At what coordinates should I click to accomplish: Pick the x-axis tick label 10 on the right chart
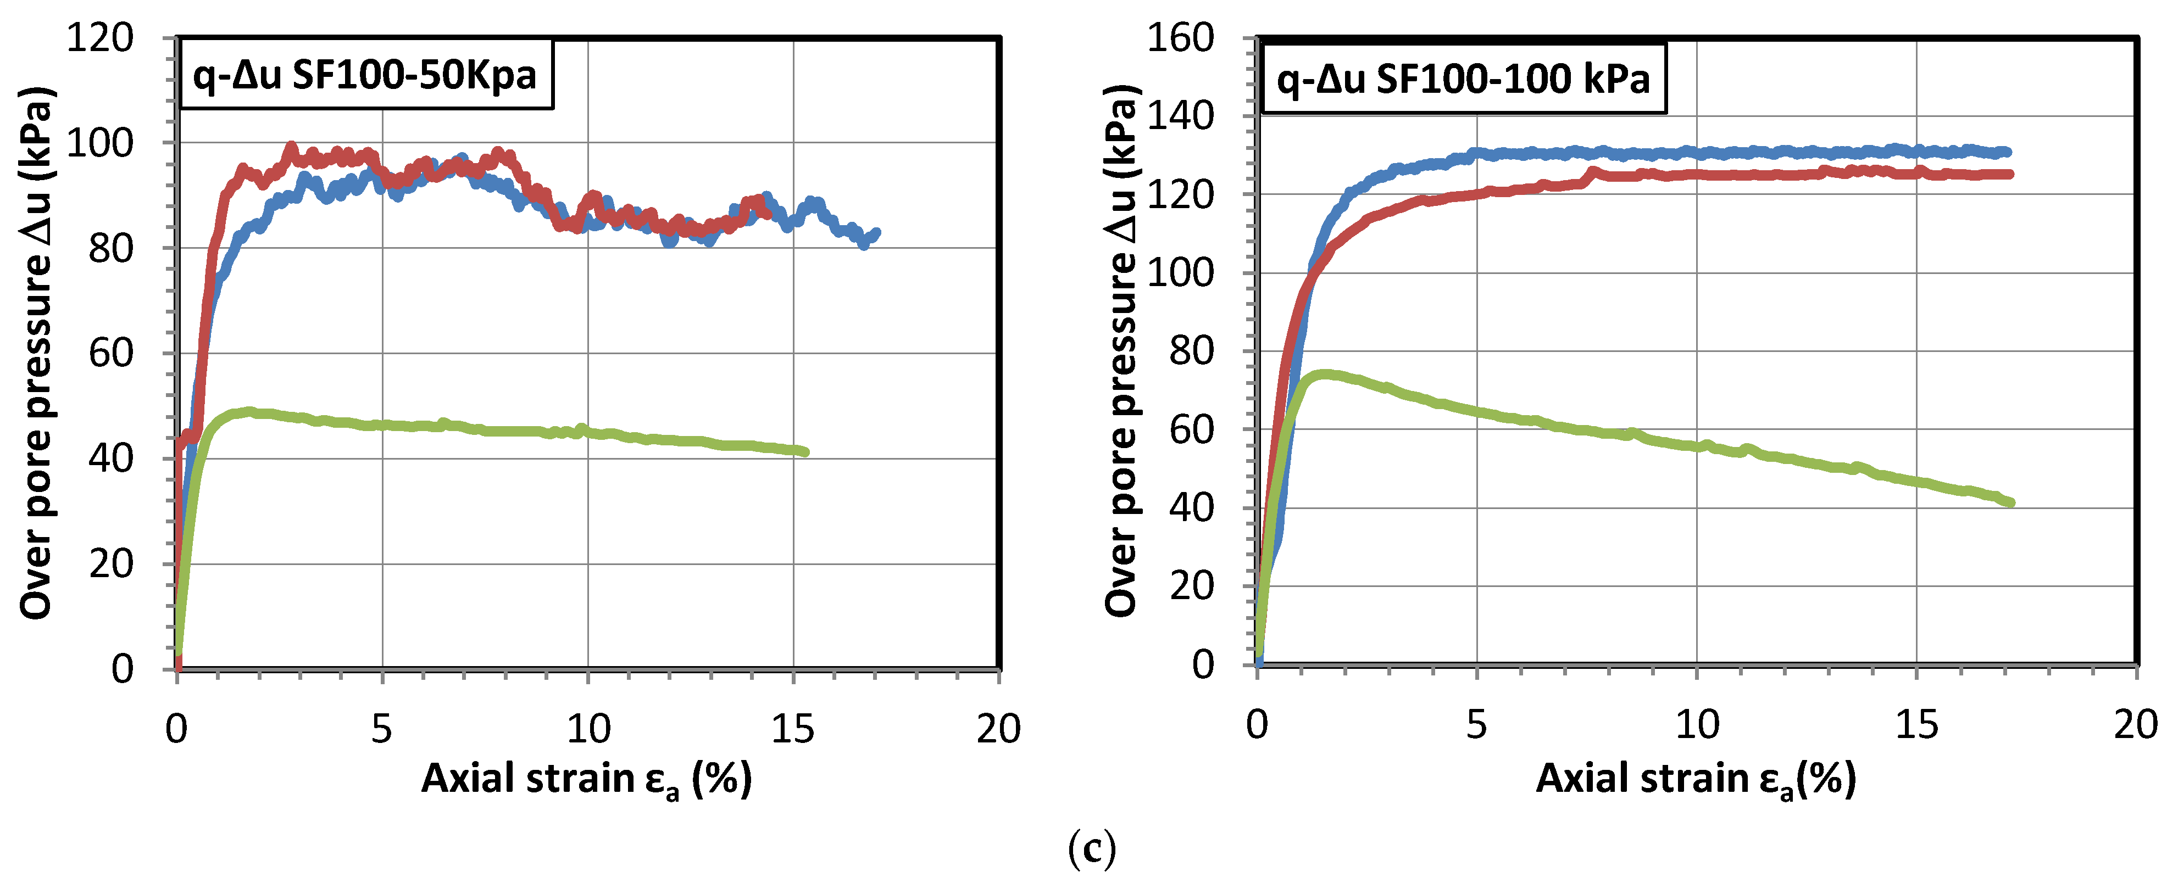point(1697,725)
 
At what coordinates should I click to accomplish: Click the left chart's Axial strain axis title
point(586,779)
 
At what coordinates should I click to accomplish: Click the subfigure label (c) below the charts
point(1091,850)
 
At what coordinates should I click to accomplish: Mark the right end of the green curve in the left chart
point(805,451)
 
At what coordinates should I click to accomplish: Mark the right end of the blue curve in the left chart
point(876,233)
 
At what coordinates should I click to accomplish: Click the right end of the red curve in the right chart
point(2009,174)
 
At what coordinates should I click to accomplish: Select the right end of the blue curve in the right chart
point(2007,152)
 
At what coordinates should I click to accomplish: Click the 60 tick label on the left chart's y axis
point(111,353)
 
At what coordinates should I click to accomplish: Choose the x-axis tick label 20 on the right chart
point(2135,725)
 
